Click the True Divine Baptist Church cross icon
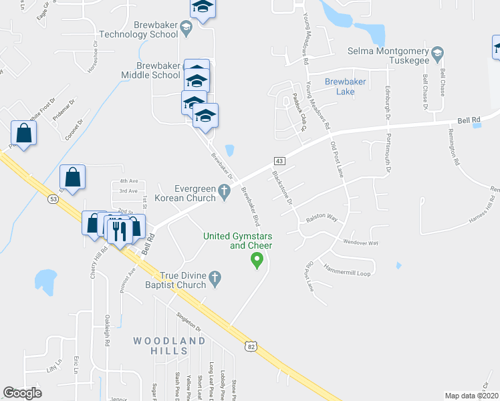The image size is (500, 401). tap(215, 276)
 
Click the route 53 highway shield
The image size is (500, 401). tap(53, 198)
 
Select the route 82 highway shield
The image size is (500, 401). tap(250, 346)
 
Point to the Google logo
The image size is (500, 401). tap(23, 393)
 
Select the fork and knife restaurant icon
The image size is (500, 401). tap(120, 231)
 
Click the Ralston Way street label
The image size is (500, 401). tap(322, 219)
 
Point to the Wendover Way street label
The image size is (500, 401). tap(360, 243)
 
